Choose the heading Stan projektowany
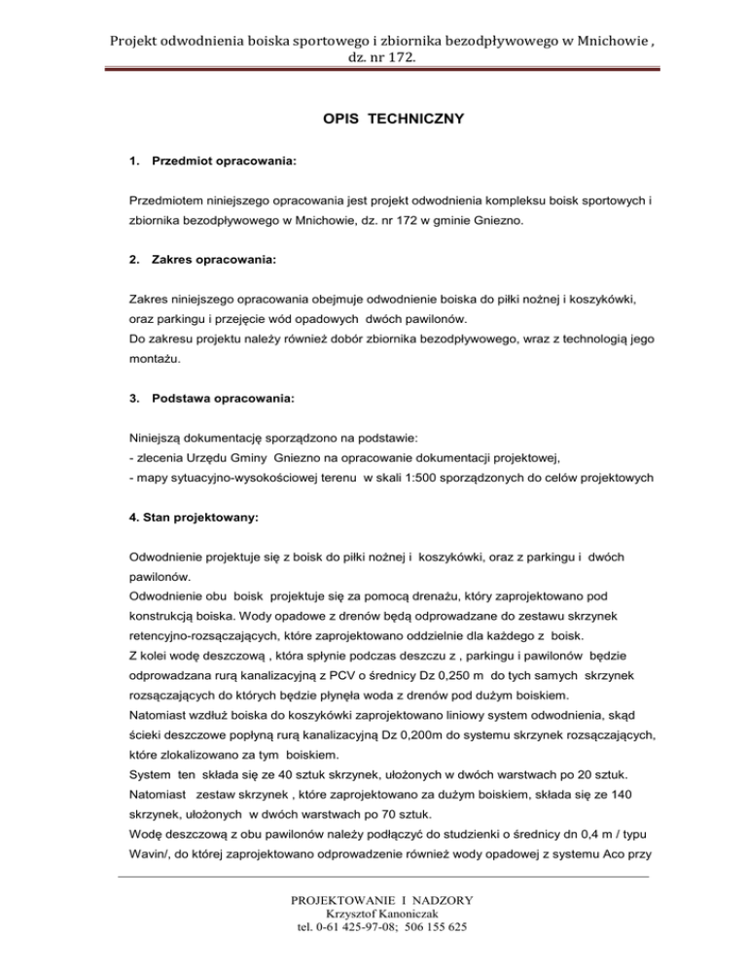click(x=193, y=519)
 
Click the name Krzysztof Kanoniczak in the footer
click(x=373, y=914)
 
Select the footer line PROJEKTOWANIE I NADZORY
click(x=373, y=900)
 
